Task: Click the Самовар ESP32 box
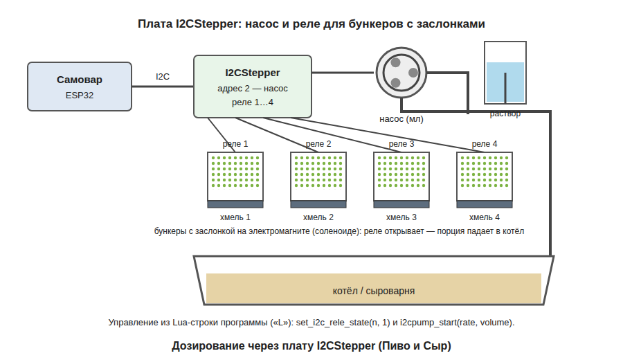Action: [x=80, y=87]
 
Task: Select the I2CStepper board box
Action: [x=253, y=87]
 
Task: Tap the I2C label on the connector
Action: [x=163, y=77]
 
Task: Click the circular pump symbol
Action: [x=401, y=73]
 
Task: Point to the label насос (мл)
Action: [x=401, y=119]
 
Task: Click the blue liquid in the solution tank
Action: [x=505, y=82]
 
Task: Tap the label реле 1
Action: [x=235, y=144]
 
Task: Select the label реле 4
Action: [x=485, y=144]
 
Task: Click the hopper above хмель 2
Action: [x=318, y=177]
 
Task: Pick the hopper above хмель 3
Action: [x=401, y=177]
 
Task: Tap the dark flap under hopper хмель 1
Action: [x=235, y=205]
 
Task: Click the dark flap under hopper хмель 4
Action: [x=485, y=205]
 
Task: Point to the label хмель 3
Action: [x=401, y=217]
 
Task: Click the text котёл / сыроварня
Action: [x=374, y=291]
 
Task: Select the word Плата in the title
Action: [x=155, y=24]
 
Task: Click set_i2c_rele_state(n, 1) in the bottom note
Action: [x=343, y=322]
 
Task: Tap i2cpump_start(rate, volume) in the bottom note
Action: [x=456, y=322]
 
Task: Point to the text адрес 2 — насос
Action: [x=253, y=88]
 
